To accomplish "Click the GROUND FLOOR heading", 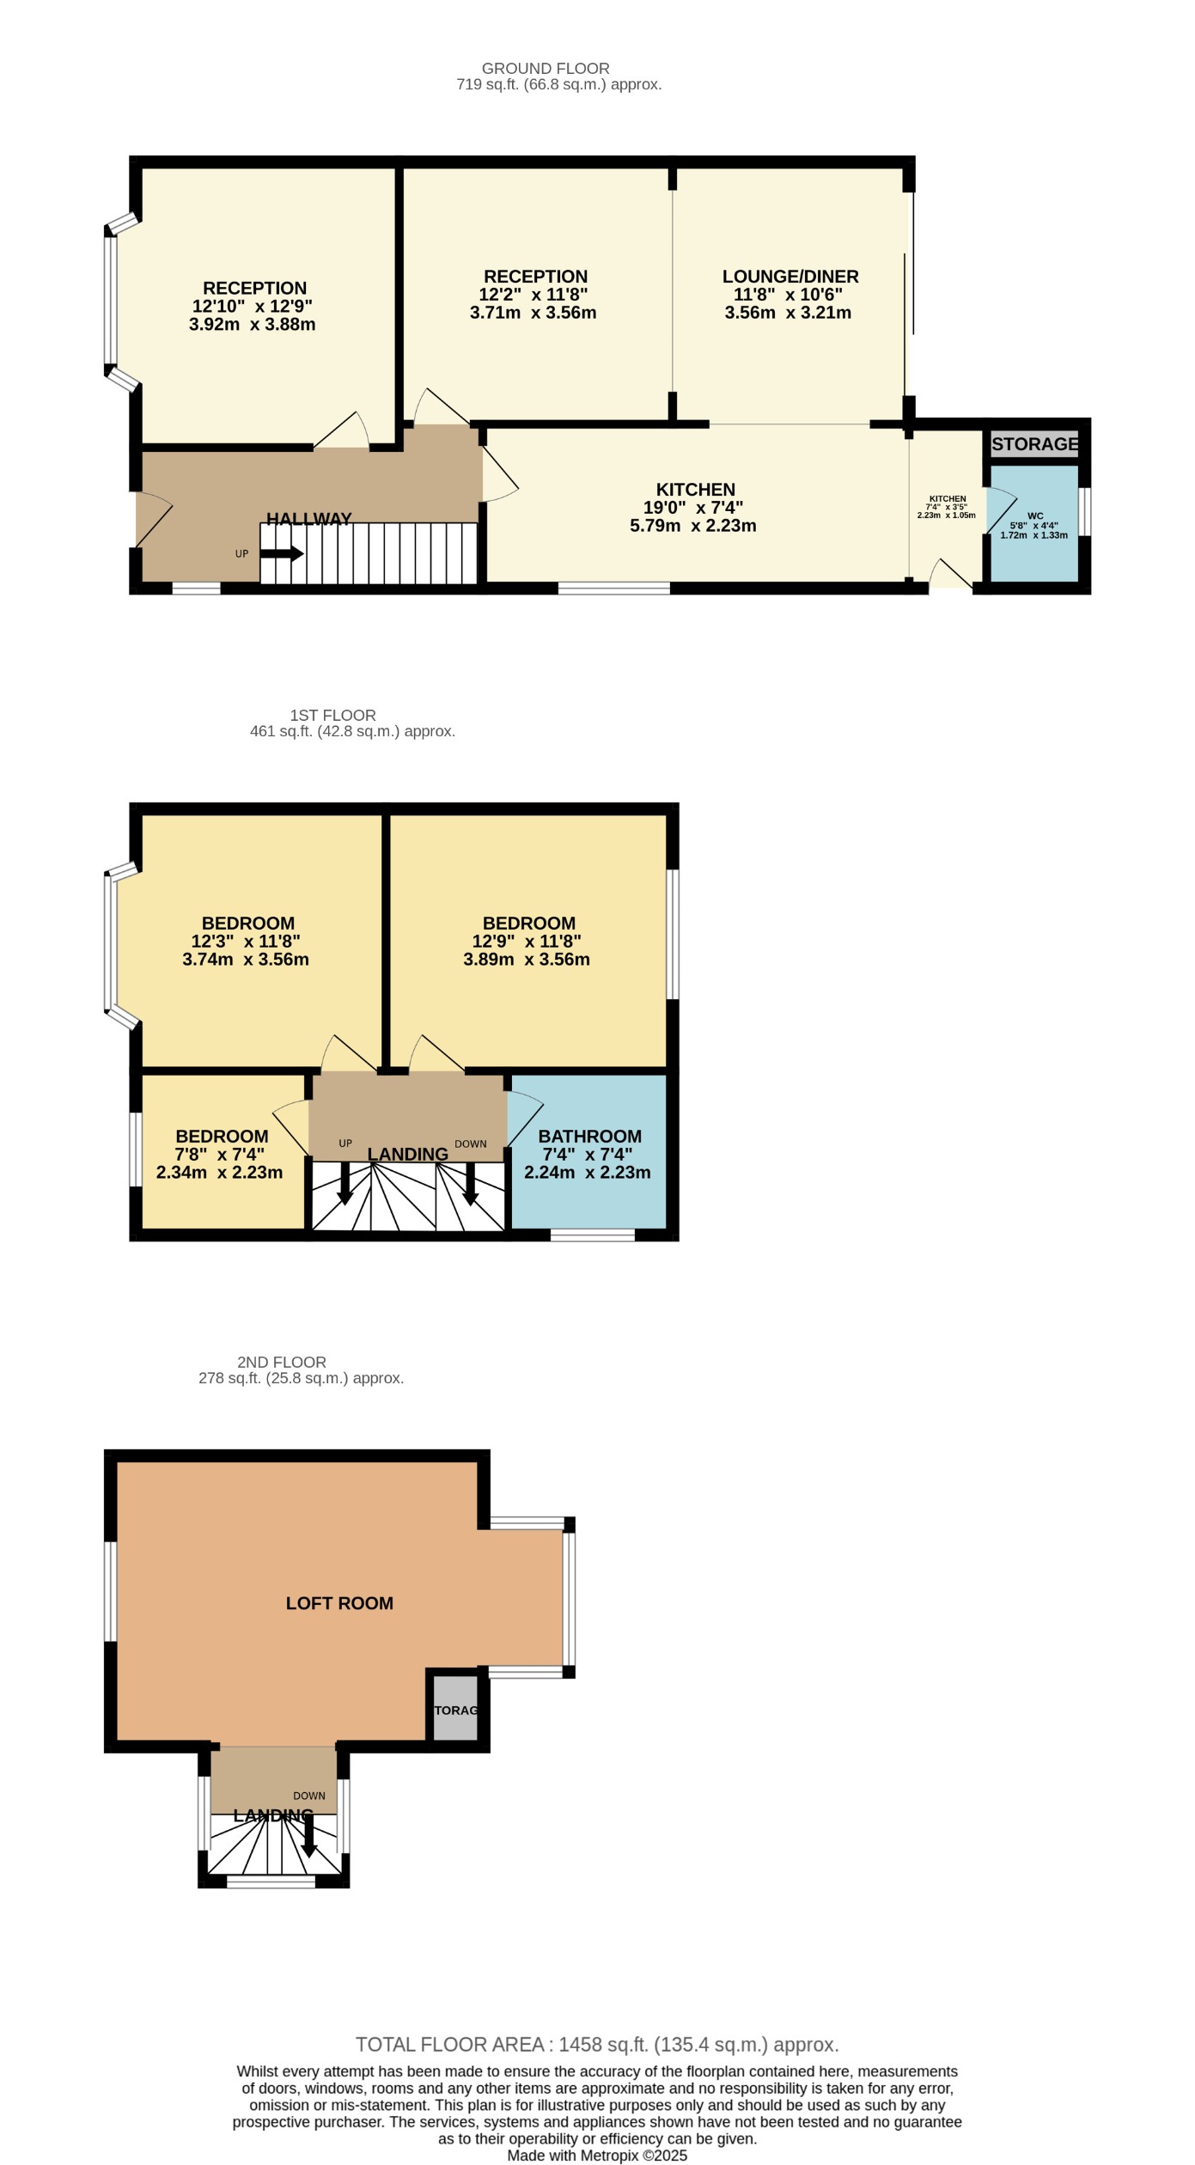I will (x=545, y=68).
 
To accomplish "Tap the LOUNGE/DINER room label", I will (x=790, y=277).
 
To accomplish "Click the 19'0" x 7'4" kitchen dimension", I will (x=692, y=508).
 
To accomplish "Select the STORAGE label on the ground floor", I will (x=1034, y=444).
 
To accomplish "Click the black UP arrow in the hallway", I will (x=282, y=554).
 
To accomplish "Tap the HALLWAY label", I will (x=308, y=519).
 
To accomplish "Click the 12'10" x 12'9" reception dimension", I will (x=252, y=307).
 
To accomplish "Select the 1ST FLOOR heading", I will (x=332, y=715).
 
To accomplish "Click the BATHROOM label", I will (x=589, y=1137).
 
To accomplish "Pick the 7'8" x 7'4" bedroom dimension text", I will (x=219, y=1155).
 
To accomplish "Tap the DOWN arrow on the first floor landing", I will (x=470, y=1185).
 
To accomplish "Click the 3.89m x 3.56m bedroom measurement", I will (x=526, y=960).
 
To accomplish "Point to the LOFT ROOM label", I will (x=339, y=1603).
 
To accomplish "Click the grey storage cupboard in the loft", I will (x=455, y=1710).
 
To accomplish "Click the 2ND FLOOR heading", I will (x=281, y=1362).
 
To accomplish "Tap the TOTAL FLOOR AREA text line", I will (x=597, y=2045).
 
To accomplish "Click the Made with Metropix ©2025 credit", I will (x=597, y=2156).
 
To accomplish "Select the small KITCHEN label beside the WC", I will (x=947, y=498).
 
